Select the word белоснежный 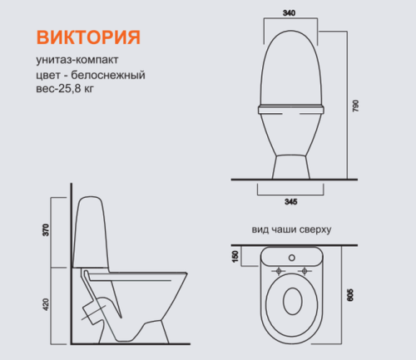pos(116,76)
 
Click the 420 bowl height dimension pos(47,306)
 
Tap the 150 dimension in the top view pos(236,256)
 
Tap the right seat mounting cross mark pos(306,270)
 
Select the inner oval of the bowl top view pos(292,303)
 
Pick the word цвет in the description pos(48,76)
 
